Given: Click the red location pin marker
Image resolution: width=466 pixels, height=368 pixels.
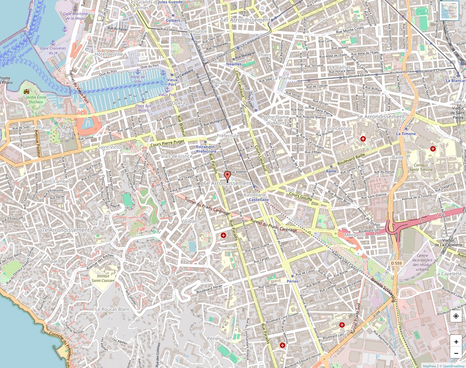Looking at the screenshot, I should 228,177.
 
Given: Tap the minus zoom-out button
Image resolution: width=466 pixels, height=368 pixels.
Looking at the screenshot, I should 456,353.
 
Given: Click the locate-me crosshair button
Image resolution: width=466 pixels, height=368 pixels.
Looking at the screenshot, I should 456,316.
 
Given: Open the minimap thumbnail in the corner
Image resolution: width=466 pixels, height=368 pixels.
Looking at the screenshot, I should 449,10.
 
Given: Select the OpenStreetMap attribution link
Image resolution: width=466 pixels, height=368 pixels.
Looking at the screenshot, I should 453,366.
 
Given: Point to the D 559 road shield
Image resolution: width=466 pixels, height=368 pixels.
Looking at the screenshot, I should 397,263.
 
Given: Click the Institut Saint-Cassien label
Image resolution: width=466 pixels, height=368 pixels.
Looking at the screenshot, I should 103,278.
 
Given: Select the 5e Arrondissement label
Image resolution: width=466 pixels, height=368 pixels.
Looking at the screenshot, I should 380,117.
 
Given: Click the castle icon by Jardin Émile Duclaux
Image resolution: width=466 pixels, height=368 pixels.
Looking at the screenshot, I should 26,92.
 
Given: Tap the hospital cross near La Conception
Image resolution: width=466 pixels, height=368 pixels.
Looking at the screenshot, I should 363,138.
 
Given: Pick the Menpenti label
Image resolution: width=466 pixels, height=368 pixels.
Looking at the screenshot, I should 354,235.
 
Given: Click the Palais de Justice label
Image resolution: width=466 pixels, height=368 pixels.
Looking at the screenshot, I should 175,156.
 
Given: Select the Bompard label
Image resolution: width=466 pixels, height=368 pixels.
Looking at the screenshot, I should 51,261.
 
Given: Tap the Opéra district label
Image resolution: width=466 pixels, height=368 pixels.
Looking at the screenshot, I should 178,103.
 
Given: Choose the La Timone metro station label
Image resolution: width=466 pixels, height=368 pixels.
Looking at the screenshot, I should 406,134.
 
